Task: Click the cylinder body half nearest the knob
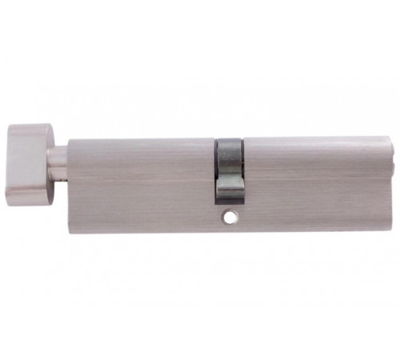point(140,180)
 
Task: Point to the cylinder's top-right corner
point(386,139)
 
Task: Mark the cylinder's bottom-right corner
point(387,225)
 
